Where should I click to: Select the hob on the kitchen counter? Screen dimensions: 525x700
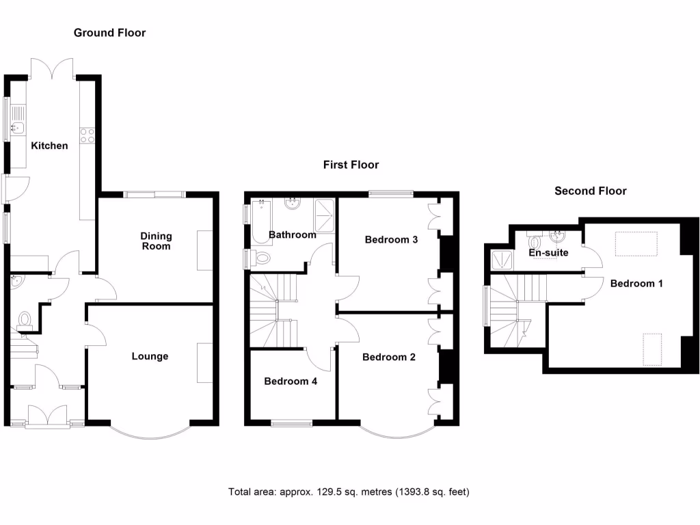tap(87, 135)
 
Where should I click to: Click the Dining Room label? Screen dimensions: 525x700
tap(156, 241)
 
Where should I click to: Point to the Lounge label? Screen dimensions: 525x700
tap(150, 356)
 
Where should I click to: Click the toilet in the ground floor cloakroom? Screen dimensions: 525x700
tap(26, 319)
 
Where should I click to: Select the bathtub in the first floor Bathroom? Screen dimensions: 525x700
tap(260, 222)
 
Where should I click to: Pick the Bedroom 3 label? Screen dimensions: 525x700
tap(391, 240)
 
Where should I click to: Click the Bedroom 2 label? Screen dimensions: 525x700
tap(389, 357)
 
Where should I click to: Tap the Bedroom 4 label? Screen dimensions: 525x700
tap(291, 381)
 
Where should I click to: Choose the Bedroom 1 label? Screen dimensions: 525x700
tap(636, 283)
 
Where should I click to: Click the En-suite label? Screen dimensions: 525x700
tap(549, 253)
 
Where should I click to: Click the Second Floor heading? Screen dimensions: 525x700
tap(590, 191)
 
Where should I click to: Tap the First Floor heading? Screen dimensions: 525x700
tap(351, 165)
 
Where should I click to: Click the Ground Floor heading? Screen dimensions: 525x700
tap(109, 33)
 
